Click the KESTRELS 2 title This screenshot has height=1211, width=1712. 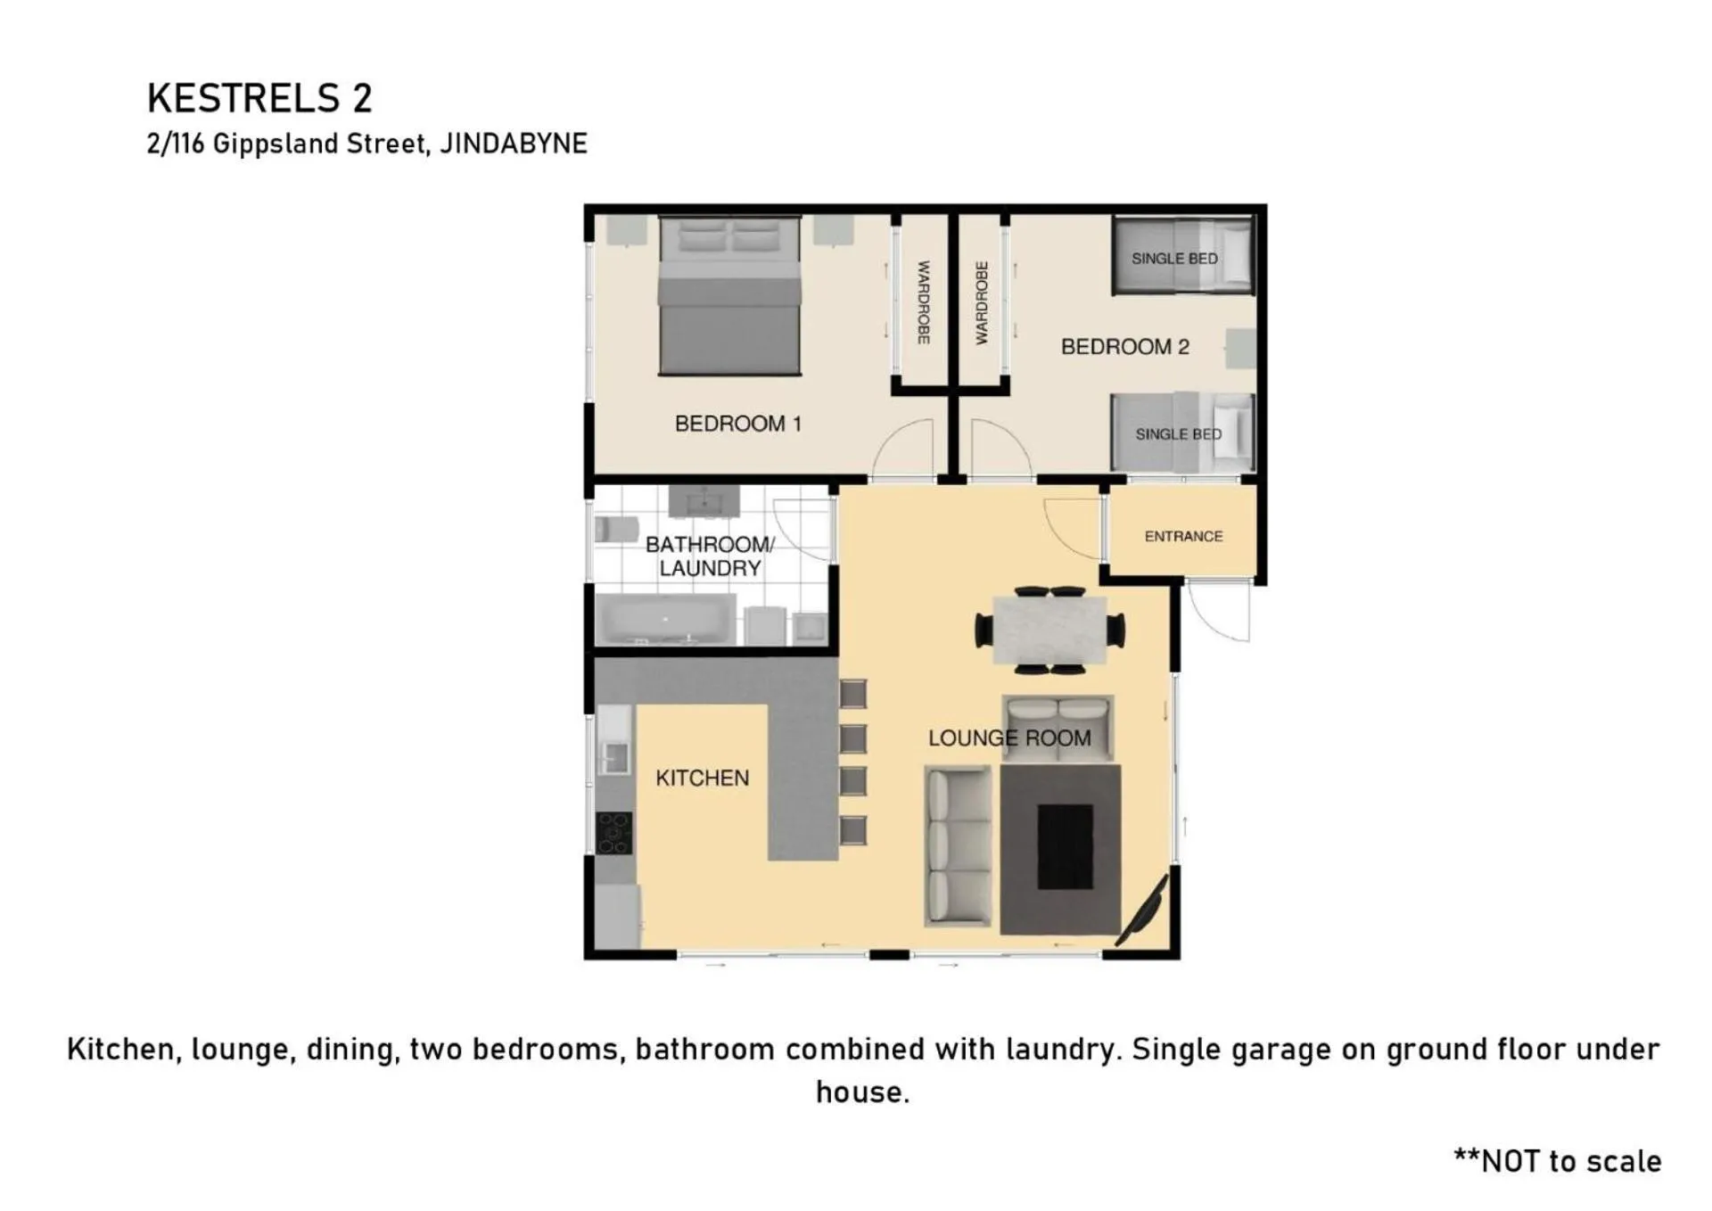[259, 98]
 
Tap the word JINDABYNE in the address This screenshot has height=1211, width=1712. [514, 144]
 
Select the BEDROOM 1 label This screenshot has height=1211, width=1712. [738, 424]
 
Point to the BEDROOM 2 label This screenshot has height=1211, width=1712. [1125, 347]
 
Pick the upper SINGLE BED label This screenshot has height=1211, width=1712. [1174, 259]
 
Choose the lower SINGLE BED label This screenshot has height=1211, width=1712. [1179, 434]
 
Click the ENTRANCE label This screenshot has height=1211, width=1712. [1183, 536]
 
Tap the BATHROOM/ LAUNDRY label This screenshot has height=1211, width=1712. [710, 556]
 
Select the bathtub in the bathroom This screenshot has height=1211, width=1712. [665, 619]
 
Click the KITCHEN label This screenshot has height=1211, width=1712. [703, 778]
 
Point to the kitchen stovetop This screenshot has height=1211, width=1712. [614, 833]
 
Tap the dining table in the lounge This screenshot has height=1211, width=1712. [1049, 630]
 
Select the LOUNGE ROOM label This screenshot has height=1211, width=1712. [1009, 738]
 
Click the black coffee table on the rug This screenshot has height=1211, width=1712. [1065, 847]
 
